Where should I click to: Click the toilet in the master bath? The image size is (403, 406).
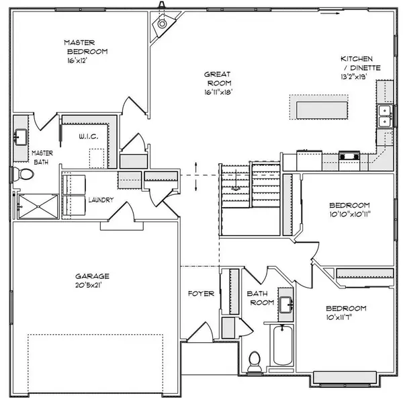(x=24, y=174)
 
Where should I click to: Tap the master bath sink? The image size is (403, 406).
(x=20, y=137)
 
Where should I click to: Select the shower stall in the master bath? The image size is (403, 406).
(x=38, y=206)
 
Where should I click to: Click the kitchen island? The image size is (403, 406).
(x=322, y=110)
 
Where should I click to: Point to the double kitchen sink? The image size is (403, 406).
(x=385, y=116)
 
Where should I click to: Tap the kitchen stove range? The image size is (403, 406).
(x=349, y=157)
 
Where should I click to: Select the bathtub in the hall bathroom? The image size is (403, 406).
(x=283, y=345)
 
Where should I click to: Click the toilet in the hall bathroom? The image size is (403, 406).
(x=255, y=362)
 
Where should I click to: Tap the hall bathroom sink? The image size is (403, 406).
(x=286, y=304)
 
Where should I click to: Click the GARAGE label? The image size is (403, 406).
(x=92, y=276)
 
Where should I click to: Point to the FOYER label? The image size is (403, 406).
(x=201, y=294)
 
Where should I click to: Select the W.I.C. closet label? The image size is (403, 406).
(x=89, y=136)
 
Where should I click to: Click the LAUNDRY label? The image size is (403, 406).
(x=101, y=200)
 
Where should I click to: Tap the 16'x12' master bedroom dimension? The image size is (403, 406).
(x=77, y=60)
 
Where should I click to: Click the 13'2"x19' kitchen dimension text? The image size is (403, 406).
(x=353, y=77)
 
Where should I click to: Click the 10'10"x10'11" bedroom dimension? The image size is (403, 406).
(x=350, y=214)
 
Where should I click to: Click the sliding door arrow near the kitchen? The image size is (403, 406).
(x=330, y=13)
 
